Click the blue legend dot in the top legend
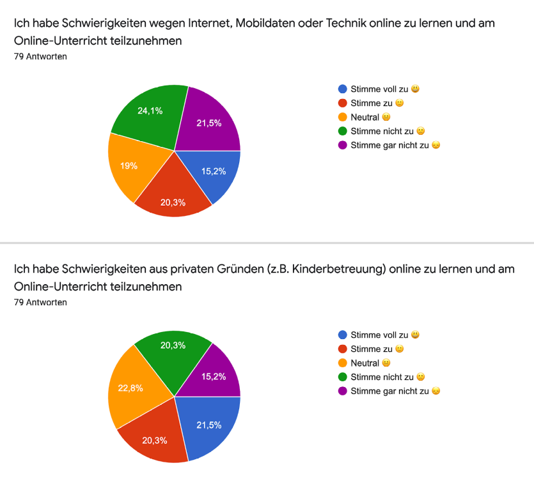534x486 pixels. pos(343,89)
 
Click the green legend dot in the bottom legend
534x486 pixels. pos(343,377)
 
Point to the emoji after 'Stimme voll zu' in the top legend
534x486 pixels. pos(416,89)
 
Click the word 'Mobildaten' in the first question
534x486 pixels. pos(267,24)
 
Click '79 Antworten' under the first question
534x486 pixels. pos(40,56)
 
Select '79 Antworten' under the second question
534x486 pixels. pos(40,302)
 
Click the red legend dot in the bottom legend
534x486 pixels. pos(343,349)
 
